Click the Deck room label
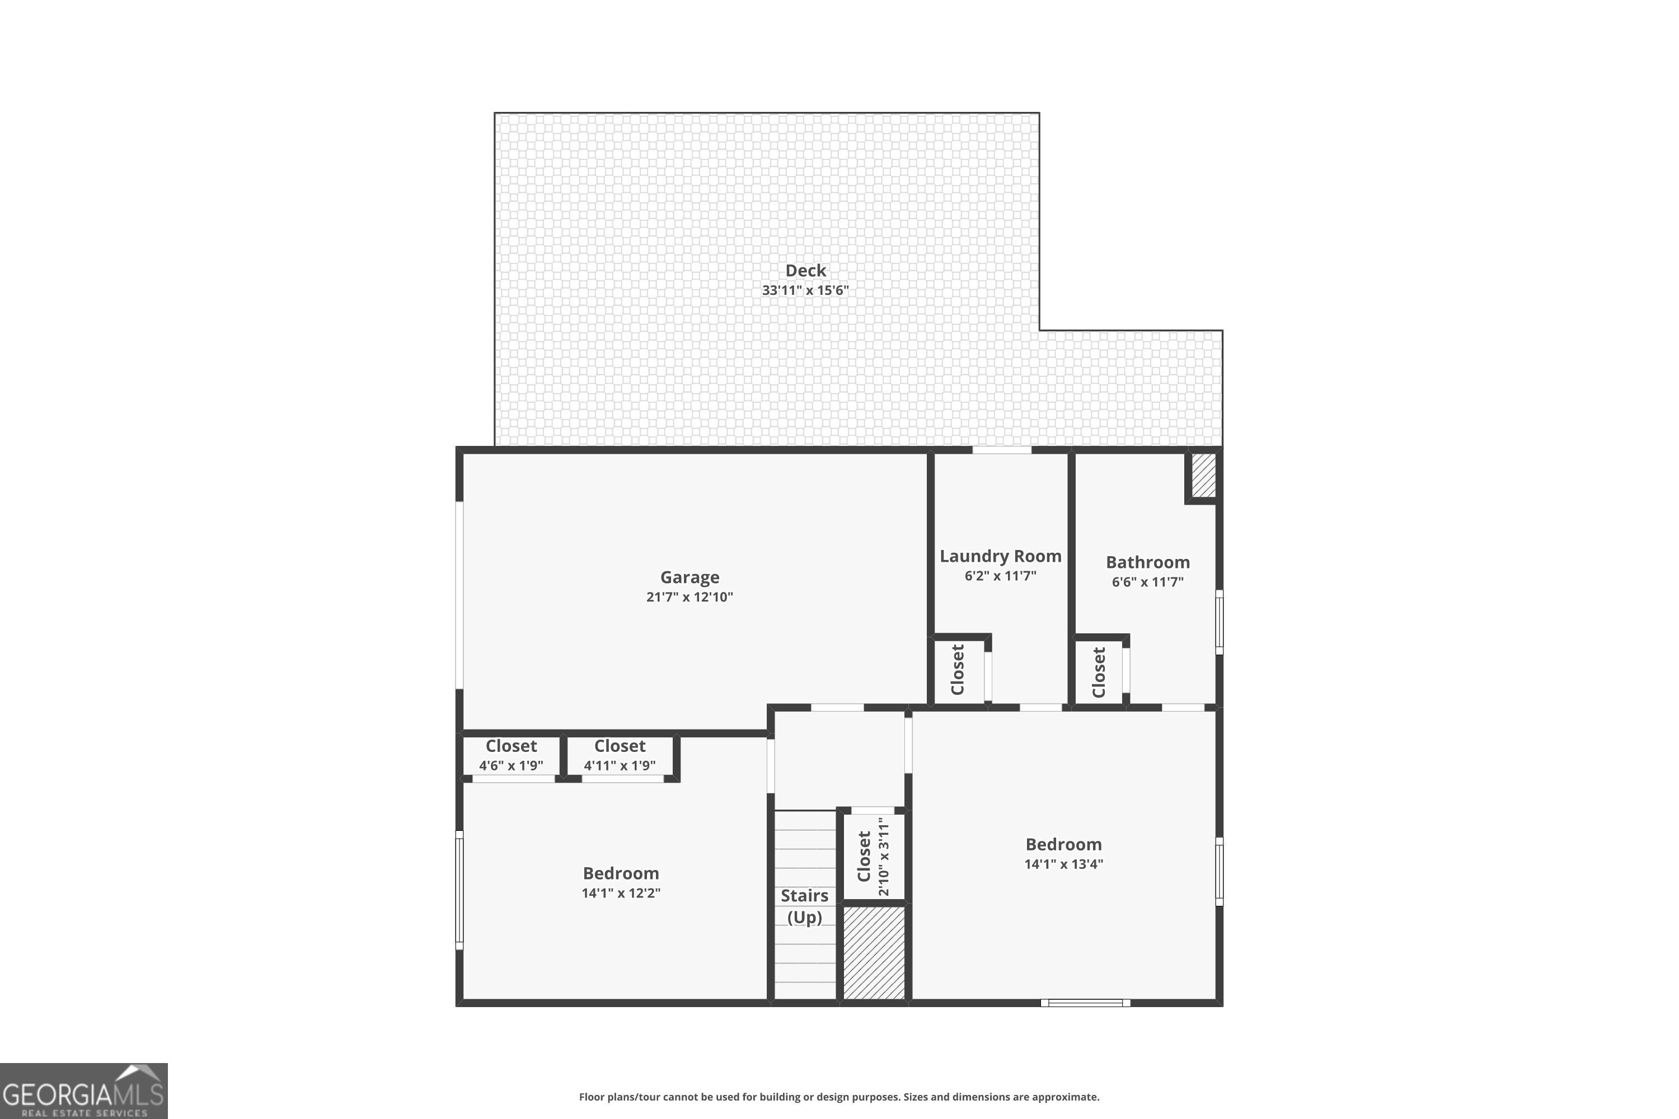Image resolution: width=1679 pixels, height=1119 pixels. click(x=805, y=270)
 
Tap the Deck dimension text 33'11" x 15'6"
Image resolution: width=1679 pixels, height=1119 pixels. click(x=805, y=290)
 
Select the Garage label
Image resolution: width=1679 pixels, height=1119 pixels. click(x=690, y=577)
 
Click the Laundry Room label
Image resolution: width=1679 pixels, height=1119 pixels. click(x=1000, y=556)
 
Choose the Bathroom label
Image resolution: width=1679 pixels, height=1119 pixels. click(x=1147, y=562)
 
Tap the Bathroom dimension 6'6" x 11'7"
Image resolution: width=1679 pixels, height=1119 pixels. click(x=1147, y=582)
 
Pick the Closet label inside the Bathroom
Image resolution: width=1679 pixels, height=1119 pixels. click(x=1099, y=673)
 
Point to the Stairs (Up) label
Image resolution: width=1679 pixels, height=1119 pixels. click(x=805, y=906)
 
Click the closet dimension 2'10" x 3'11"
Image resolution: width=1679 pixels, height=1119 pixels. click(x=884, y=857)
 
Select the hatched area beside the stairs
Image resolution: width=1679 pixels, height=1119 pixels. click(x=874, y=953)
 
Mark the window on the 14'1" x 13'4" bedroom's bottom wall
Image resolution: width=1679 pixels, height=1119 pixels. click(x=1085, y=1003)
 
